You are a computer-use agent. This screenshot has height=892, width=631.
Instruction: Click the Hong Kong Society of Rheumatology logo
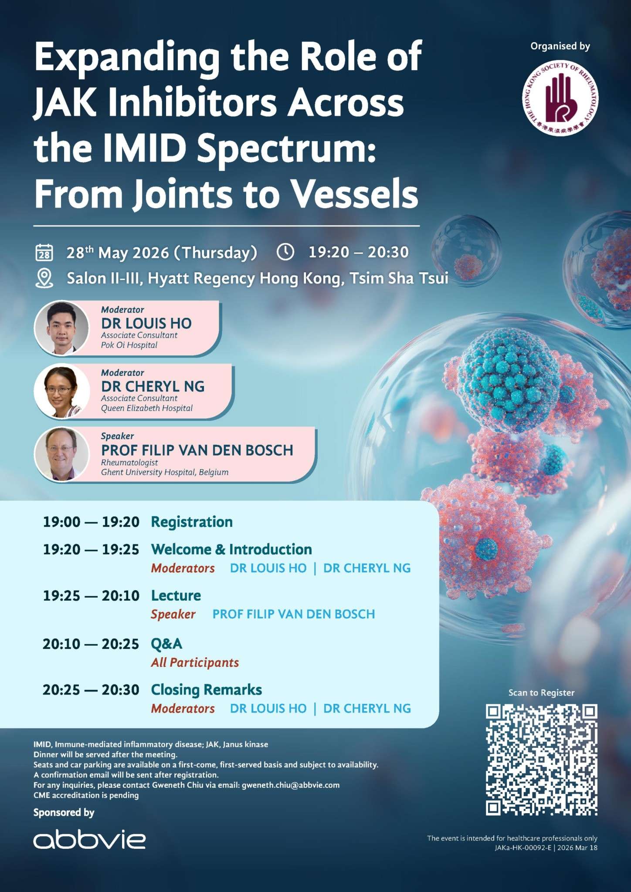tap(560, 98)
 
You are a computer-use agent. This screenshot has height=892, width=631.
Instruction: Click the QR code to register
tap(541, 760)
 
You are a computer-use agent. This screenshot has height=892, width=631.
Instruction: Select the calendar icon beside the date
tap(44, 253)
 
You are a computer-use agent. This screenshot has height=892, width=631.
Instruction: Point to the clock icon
tap(285, 252)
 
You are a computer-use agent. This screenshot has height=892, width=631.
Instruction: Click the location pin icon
tap(44, 278)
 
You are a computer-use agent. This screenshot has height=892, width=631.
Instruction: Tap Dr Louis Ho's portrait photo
tap(61, 328)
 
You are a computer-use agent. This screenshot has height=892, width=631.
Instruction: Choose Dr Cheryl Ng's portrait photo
tap(61, 391)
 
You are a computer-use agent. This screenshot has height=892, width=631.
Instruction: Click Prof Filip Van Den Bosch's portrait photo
tap(61, 454)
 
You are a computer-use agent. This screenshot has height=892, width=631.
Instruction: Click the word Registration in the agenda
tap(192, 522)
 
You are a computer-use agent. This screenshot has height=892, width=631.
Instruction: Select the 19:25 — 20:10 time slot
tap(91, 595)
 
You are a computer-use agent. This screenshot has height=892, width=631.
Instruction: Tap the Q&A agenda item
tap(166, 644)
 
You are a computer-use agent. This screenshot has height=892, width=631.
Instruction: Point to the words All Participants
tap(195, 662)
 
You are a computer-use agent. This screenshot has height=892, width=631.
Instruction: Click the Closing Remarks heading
tap(206, 689)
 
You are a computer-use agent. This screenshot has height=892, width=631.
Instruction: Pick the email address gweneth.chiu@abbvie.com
tap(291, 785)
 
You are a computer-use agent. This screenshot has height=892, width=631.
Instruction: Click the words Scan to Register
tap(541, 693)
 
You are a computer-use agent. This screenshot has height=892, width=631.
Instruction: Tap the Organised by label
tap(560, 46)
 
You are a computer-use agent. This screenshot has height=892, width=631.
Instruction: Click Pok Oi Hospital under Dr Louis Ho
tap(129, 345)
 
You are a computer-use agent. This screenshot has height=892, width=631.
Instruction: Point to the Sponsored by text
tap(64, 813)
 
